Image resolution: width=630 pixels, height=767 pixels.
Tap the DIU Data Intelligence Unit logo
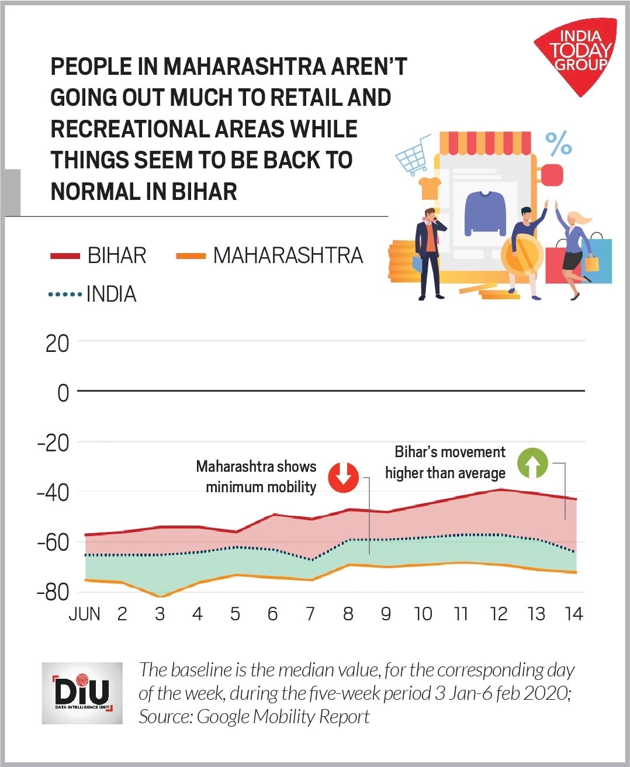tap(82, 693)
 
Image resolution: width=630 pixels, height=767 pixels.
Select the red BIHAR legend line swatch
tap(65, 256)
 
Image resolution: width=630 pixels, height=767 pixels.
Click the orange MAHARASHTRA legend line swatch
tap(191, 256)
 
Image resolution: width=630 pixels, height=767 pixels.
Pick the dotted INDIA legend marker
tap(65, 294)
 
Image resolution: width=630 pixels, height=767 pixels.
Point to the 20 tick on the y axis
tap(57, 344)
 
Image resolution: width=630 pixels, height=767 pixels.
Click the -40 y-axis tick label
tap(53, 492)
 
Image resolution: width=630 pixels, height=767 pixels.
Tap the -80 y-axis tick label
tap(53, 592)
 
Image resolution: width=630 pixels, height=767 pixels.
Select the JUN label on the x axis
tap(85, 614)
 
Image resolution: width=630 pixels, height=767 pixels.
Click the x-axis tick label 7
tap(310, 614)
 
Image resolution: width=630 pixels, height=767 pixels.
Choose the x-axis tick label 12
tap(498, 614)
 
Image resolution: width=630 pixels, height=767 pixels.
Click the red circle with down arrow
tap(343, 476)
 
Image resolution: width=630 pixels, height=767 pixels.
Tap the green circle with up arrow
tap(532, 462)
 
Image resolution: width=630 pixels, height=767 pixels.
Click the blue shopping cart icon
tap(413, 154)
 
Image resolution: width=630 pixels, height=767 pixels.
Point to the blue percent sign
tap(558, 143)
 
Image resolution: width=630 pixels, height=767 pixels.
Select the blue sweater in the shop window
tap(485, 213)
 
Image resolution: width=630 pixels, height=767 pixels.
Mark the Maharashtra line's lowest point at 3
tap(160, 596)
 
